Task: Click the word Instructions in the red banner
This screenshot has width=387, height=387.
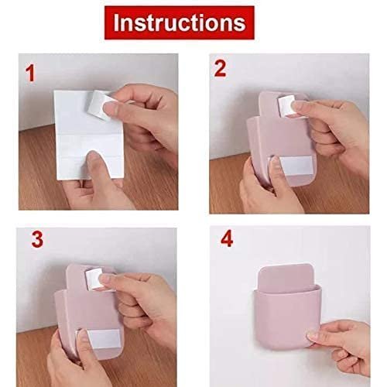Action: tap(180, 22)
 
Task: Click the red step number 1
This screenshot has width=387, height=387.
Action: tap(32, 74)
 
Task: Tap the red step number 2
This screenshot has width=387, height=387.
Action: tap(220, 70)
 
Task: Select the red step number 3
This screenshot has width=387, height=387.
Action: tap(36, 238)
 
